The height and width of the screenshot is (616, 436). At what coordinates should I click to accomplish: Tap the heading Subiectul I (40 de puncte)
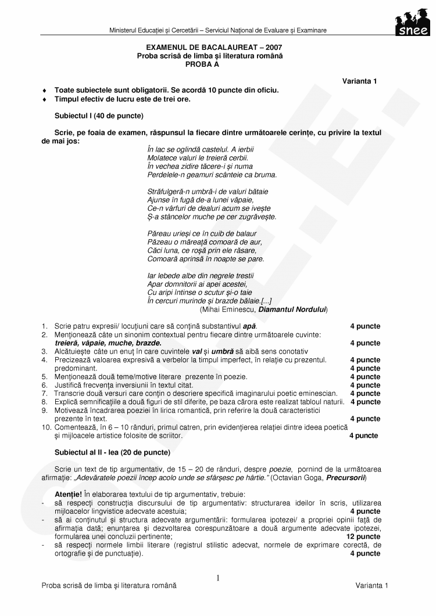pos(99,116)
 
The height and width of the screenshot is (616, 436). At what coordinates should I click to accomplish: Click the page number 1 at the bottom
pos(218,578)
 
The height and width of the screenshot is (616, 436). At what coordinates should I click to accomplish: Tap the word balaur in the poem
pos(244,234)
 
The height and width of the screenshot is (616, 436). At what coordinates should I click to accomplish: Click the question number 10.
pos(46,427)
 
